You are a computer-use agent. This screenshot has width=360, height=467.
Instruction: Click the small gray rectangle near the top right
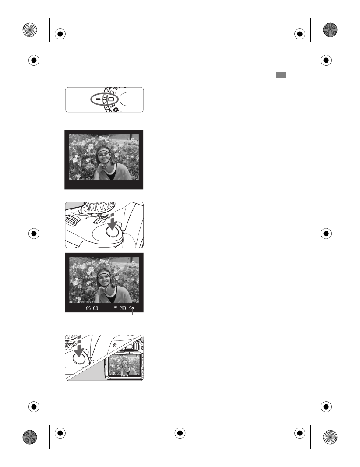(x=281, y=75)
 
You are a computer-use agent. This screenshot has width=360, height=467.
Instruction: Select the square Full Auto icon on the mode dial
(x=111, y=99)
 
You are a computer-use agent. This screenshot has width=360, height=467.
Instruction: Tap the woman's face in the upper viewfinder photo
(x=104, y=159)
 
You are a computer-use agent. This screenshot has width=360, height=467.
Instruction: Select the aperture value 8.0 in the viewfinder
(x=95, y=308)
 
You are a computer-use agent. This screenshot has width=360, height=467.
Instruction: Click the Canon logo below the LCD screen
(x=122, y=375)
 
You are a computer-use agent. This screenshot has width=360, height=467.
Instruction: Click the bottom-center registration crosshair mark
(x=180, y=434)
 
